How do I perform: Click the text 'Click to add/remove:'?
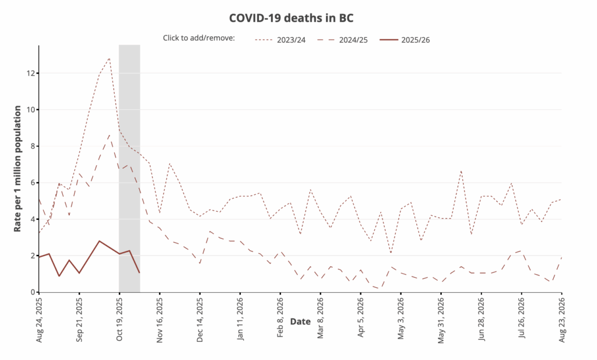coord(199,39)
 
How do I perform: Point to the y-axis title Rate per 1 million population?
coord(18,169)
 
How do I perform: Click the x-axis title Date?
coord(300,321)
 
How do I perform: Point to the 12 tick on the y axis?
coord(30,73)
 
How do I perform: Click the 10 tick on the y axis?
coord(30,110)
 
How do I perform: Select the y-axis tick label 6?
coord(32,183)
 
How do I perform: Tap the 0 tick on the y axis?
coord(32,292)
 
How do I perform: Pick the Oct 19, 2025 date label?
coord(120,318)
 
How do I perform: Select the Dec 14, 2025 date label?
coord(200,318)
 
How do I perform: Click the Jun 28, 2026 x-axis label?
coord(482,318)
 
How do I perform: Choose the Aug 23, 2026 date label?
coord(562,318)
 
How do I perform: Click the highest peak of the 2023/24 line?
coord(110,58)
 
